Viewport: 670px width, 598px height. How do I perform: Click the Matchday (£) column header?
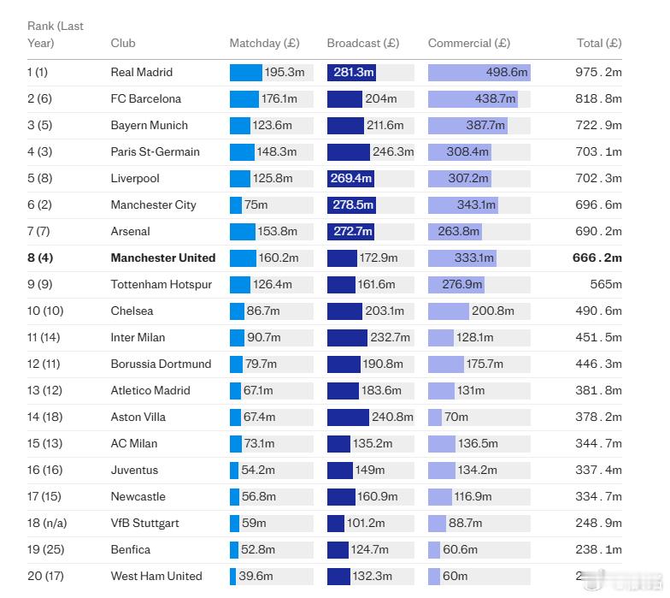click(264, 43)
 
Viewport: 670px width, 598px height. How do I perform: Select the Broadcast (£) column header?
click(362, 43)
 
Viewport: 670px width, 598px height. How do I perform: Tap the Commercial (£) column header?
click(468, 43)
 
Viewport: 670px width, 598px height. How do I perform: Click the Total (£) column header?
click(599, 43)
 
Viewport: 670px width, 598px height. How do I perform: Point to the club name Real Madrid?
click(141, 73)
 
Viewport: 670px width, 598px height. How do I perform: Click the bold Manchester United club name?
click(162, 258)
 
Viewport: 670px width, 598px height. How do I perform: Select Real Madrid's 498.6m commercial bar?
click(479, 73)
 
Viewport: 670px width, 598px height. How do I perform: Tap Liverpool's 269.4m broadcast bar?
click(350, 179)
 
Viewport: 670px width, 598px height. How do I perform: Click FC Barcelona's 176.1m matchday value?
click(279, 99)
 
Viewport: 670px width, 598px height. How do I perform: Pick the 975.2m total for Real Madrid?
click(598, 73)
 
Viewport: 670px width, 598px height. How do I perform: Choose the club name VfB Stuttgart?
click(144, 524)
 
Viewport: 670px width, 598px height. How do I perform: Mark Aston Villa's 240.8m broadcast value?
click(392, 417)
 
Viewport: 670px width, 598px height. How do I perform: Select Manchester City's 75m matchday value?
click(256, 205)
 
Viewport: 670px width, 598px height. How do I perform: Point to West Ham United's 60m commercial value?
click(455, 577)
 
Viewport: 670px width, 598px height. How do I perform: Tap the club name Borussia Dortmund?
click(161, 364)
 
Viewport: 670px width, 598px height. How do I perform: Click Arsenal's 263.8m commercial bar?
click(455, 232)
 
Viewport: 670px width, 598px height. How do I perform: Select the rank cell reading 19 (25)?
click(45, 550)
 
